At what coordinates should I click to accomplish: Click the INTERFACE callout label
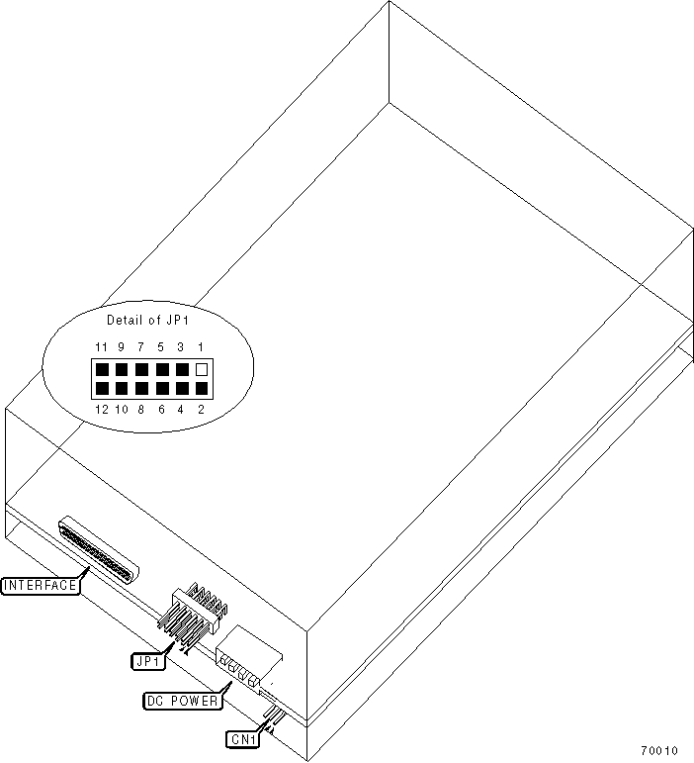(x=41, y=585)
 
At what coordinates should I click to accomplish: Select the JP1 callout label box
(x=147, y=657)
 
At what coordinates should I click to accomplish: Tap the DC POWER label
(x=182, y=701)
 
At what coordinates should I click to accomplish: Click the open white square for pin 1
(x=203, y=369)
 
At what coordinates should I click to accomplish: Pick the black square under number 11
(x=101, y=369)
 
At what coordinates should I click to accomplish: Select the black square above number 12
(x=101, y=389)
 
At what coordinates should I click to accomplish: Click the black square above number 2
(x=203, y=389)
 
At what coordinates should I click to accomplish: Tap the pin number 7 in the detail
(x=141, y=346)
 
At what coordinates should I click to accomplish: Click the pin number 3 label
(x=182, y=346)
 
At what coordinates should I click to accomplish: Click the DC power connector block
(x=247, y=660)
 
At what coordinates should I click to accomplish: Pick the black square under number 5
(x=162, y=369)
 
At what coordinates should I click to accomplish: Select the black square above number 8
(x=141, y=389)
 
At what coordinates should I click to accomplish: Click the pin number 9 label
(x=121, y=346)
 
